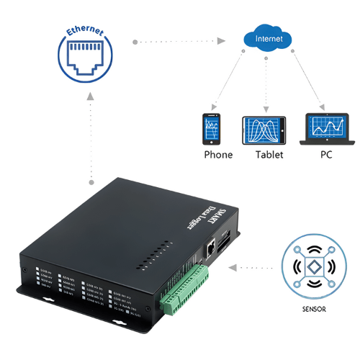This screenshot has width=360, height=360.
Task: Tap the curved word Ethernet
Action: coord(85,32)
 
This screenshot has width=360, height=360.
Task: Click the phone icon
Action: coord(212,130)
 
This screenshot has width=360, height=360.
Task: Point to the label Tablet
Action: coord(269,155)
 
